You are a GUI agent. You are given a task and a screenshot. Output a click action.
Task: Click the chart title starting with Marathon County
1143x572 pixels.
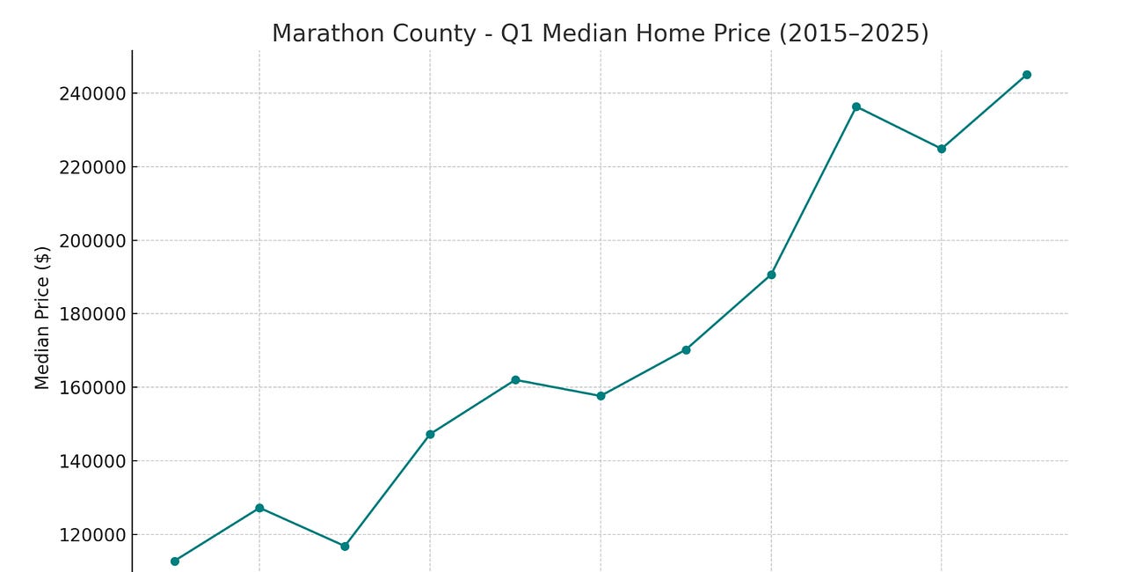pyautogui.click(x=600, y=33)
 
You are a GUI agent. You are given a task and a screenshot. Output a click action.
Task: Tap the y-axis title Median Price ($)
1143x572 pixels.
pyautogui.click(x=42, y=318)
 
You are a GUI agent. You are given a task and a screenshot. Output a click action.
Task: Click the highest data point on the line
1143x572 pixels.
pyautogui.click(x=1026, y=75)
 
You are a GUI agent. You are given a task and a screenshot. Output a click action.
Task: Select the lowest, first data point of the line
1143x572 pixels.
pyautogui.click(x=174, y=561)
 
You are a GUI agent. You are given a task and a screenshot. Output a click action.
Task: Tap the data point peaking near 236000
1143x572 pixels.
pyautogui.click(x=855, y=106)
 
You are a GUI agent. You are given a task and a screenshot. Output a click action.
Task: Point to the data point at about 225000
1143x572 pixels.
pyautogui.click(x=941, y=149)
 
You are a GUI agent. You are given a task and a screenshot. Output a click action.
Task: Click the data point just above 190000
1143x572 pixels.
pyautogui.click(x=771, y=275)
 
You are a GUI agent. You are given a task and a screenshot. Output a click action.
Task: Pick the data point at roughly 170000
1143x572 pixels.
pyautogui.click(x=686, y=349)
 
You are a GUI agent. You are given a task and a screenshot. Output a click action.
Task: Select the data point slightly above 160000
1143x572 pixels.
pyautogui.click(x=515, y=379)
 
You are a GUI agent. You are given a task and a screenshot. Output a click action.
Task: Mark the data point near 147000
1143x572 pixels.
pyautogui.click(x=430, y=434)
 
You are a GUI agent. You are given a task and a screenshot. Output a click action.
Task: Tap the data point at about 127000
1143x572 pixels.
pyautogui.click(x=259, y=508)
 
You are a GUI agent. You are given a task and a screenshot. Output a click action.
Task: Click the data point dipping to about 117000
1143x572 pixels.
pyautogui.click(x=345, y=546)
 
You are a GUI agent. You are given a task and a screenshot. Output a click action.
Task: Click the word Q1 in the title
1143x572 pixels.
pyautogui.click(x=513, y=33)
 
